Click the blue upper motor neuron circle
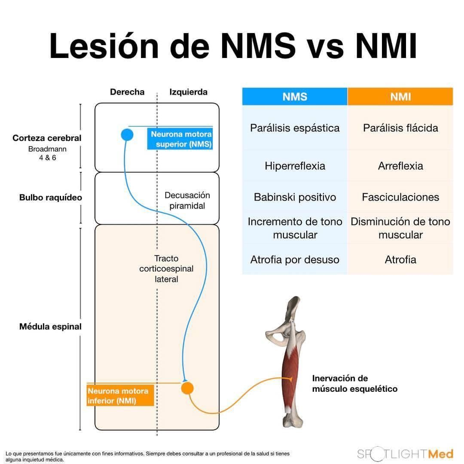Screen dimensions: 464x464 point(127,135)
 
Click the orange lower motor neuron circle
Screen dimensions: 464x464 point(187,388)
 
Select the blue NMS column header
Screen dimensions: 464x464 point(295,97)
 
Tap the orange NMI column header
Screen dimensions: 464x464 point(400,97)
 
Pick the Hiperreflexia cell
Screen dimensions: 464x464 point(295,166)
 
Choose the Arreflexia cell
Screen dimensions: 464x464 point(400,166)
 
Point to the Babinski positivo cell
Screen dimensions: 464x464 point(295,197)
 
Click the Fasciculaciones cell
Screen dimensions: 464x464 point(400,197)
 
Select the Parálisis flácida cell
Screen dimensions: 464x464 point(400,128)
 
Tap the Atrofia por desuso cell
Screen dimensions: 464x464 point(295,259)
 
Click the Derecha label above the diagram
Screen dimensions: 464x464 point(127,92)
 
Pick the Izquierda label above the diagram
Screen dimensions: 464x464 point(188,92)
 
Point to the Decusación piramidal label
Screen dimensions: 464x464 point(187,200)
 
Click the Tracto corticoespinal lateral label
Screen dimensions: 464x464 point(166,269)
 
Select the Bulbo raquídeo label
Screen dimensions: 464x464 point(51,198)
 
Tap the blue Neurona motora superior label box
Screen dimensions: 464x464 point(180,139)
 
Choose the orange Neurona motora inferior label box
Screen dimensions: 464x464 point(120,396)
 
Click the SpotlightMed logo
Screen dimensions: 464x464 point(405,454)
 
